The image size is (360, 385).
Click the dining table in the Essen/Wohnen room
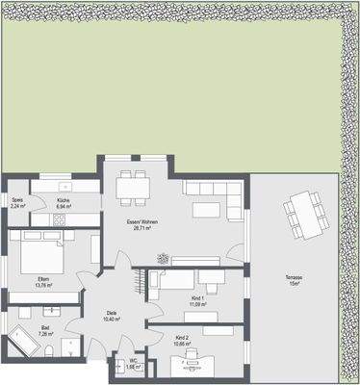[x=133, y=184]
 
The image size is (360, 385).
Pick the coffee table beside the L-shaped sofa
[x=205, y=209]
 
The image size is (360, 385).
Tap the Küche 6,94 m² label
[x=64, y=204]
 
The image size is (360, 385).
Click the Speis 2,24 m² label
[x=16, y=204]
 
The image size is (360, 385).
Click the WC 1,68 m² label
[x=132, y=365]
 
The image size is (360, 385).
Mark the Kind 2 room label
[x=183, y=341]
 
